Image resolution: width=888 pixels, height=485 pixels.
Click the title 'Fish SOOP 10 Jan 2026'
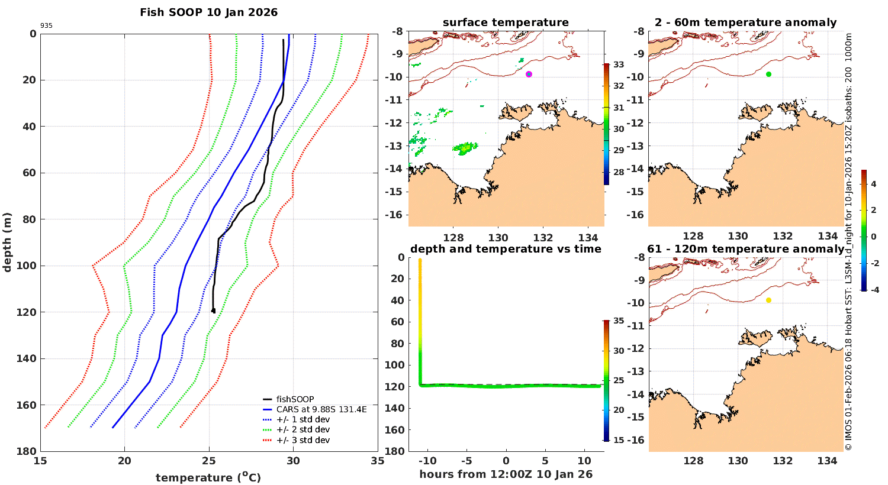208,12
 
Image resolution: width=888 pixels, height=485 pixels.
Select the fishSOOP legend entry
295,399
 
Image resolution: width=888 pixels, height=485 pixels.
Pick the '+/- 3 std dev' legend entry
303,440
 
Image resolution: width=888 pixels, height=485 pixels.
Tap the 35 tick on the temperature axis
378,461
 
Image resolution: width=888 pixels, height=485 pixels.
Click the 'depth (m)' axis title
8,242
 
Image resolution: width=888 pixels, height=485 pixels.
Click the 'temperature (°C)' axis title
208,477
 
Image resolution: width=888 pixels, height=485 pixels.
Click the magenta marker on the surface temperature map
529,74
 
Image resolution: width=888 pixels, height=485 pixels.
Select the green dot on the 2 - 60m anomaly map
768,74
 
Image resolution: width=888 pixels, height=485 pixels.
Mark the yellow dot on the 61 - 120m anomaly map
768,300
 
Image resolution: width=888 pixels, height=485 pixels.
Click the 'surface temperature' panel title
506,22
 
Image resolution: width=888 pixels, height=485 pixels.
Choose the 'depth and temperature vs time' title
506,249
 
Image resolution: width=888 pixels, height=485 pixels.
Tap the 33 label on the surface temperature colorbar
618,64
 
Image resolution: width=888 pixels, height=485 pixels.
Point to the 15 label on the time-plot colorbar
618,440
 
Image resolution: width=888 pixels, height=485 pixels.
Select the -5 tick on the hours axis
466,461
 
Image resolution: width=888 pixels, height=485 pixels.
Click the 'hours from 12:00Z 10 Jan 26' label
506,474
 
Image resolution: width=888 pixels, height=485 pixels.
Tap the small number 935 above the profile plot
46,26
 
